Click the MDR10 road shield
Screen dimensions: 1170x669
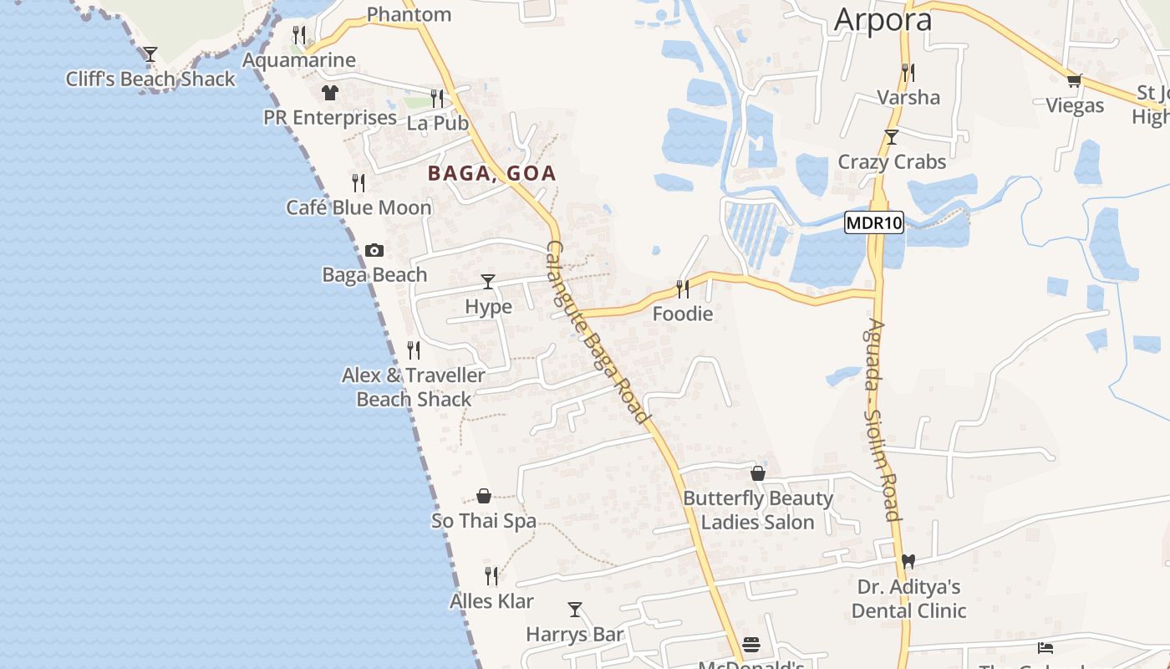click(x=874, y=223)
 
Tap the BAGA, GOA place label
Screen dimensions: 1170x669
click(x=491, y=174)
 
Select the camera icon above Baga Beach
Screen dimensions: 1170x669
click(x=374, y=250)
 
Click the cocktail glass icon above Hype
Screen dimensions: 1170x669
click(x=488, y=281)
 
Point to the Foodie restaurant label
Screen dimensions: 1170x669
click(x=683, y=314)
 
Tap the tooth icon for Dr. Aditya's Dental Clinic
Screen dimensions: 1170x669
click(x=908, y=561)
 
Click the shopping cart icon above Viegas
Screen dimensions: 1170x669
click(x=1074, y=80)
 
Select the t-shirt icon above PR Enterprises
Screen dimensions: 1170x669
click(x=330, y=92)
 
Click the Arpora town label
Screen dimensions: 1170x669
click(x=883, y=20)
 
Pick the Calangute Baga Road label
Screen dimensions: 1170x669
click(x=597, y=332)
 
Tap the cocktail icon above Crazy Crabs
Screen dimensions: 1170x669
click(x=892, y=136)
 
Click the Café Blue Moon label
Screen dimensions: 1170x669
click(x=359, y=207)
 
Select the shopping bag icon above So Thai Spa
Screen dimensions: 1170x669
click(x=483, y=496)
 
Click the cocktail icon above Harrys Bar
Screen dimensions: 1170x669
click(x=574, y=609)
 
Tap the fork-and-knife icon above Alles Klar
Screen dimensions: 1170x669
click(x=491, y=575)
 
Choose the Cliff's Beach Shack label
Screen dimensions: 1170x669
click(x=150, y=79)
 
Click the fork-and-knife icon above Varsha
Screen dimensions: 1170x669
click(x=908, y=72)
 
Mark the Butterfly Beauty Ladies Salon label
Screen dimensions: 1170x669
click(x=758, y=510)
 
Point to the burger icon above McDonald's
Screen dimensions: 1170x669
click(x=751, y=644)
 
